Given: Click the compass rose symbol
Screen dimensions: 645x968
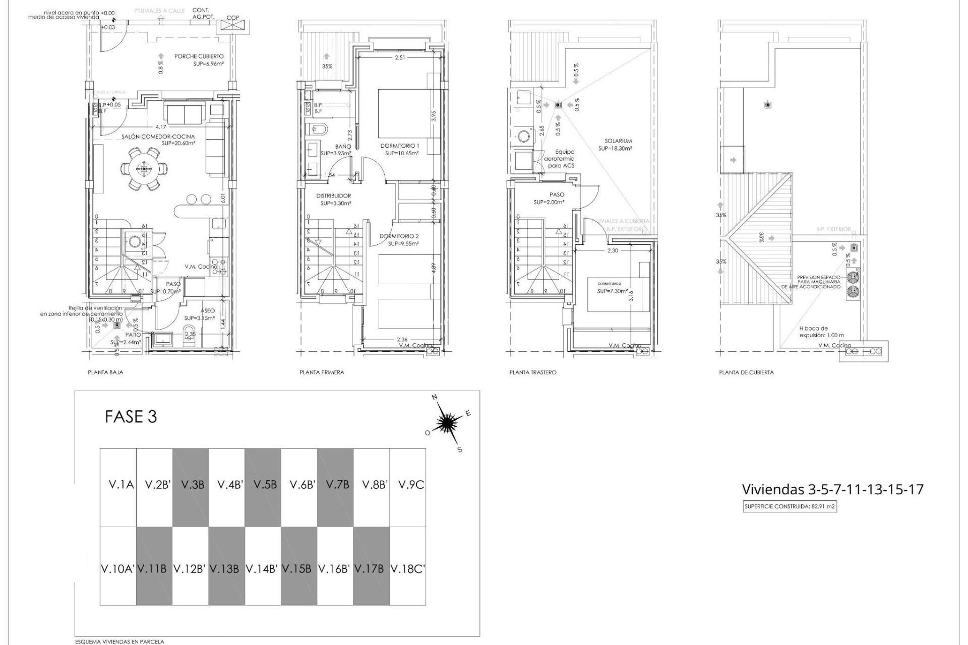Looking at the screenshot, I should (x=447, y=422).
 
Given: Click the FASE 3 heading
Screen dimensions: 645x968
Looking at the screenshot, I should (x=131, y=417).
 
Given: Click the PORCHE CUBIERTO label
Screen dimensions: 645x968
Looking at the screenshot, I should (x=199, y=56).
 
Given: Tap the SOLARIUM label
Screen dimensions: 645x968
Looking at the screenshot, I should (x=618, y=141).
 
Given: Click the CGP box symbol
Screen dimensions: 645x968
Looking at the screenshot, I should (x=233, y=25).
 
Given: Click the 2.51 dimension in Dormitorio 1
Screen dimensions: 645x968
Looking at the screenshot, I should (x=400, y=58).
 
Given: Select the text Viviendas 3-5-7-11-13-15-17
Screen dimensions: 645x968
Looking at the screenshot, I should (x=832, y=489).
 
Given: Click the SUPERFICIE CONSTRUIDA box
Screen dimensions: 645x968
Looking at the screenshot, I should (x=790, y=507).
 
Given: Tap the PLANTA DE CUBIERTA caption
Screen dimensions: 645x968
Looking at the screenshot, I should (x=746, y=372).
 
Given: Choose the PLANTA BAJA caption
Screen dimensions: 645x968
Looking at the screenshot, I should (x=105, y=372).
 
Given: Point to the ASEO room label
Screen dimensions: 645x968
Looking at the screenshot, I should (x=207, y=311).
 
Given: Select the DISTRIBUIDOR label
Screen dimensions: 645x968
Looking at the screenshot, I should (x=333, y=196).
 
